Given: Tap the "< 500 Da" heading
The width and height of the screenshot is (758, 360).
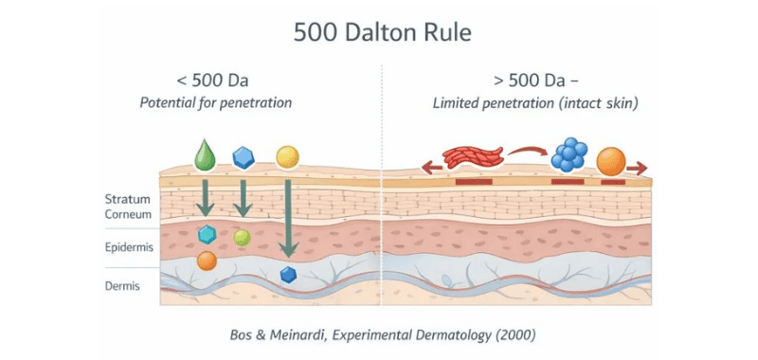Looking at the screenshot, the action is pyautogui.click(x=212, y=81).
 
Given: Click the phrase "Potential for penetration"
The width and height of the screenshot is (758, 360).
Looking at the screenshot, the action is pyautogui.click(x=216, y=103).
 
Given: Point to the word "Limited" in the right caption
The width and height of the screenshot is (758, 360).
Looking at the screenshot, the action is pyautogui.click(x=454, y=103).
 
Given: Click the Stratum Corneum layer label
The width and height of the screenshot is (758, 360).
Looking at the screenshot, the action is pyautogui.click(x=128, y=207).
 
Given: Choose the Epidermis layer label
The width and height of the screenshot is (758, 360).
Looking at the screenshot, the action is pyautogui.click(x=129, y=248).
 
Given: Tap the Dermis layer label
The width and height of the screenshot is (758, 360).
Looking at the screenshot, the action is pyautogui.click(x=122, y=286).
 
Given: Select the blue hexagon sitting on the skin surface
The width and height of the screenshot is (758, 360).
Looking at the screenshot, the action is pyautogui.click(x=244, y=157).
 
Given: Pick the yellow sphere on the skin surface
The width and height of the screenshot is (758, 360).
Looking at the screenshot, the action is pyautogui.click(x=288, y=157).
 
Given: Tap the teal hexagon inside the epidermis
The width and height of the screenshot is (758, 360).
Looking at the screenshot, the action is pyautogui.click(x=207, y=234).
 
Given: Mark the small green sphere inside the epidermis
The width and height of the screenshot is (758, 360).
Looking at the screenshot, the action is pyautogui.click(x=242, y=237).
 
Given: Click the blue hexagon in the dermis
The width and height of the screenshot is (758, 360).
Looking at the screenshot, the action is pyautogui.click(x=288, y=275).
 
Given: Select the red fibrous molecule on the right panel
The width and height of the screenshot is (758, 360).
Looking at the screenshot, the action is pyautogui.click(x=473, y=157).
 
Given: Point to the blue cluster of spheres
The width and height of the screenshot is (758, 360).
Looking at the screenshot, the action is pyautogui.click(x=569, y=154).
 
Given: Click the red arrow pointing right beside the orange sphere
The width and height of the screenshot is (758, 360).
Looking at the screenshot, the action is pyautogui.click(x=637, y=169).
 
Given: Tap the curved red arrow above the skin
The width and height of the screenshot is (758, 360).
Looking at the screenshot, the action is pyautogui.click(x=528, y=152).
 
